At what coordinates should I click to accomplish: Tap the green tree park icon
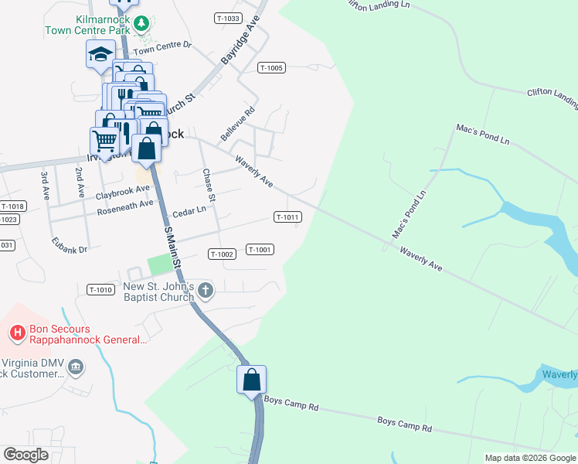(x=141, y=23)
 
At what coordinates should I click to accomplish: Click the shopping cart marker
(x=105, y=141)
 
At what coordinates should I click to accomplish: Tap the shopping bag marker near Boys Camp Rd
(x=251, y=380)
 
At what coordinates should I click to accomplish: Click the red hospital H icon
(x=16, y=333)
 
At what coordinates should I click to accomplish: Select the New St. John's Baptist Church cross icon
(x=205, y=291)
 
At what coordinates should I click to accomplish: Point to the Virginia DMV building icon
(x=76, y=367)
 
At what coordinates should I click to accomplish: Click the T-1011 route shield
(x=287, y=217)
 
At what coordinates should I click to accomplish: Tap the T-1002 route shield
(x=221, y=254)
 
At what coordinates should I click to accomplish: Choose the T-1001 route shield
(x=260, y=249)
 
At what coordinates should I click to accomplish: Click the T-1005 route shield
(x=272, y=68)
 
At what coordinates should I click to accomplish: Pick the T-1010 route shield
(x=100, y=290)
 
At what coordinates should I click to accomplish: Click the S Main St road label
(x=172, y=247)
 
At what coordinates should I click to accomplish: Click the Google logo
(x=25, y=455)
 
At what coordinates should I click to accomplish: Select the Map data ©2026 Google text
(x=529, y=458)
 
